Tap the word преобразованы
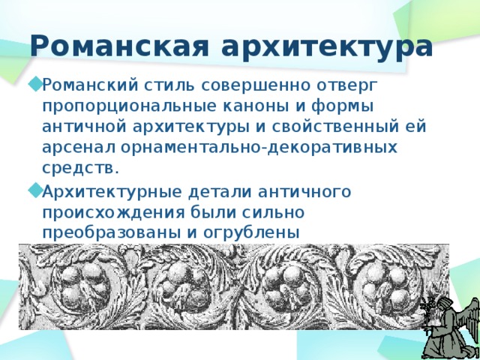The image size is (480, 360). pos(112,234)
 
